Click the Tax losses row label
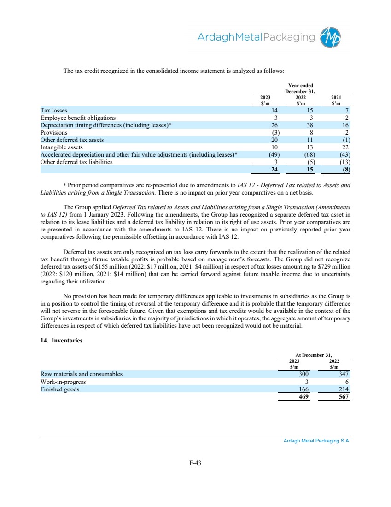click(x=53, y=111)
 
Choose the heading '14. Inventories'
click(x=61, y=341)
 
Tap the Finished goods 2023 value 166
click(x=301, y=389)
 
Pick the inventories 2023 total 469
click(x=301, y=397)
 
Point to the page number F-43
click(x=196, y=463)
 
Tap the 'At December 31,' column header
click(x=314, y=355)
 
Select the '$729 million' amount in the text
click(x=338, y=267)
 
